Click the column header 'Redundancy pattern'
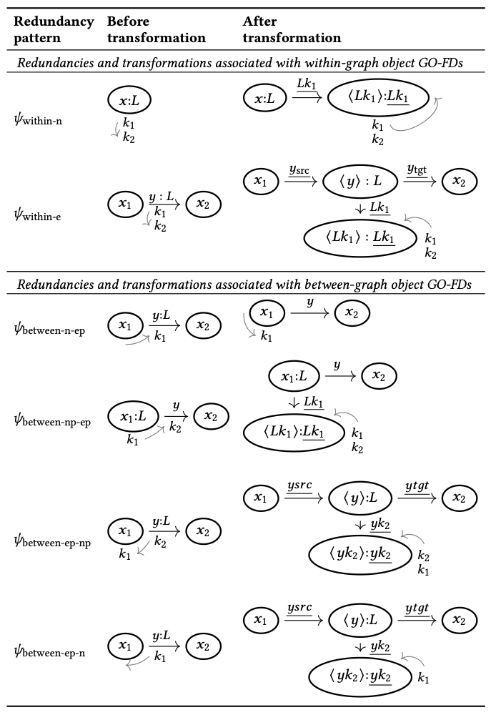[54, 29]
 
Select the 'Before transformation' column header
[156, 29]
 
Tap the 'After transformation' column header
[292, 29]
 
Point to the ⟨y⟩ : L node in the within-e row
[354, 183]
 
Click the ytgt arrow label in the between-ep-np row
[417, 488]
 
